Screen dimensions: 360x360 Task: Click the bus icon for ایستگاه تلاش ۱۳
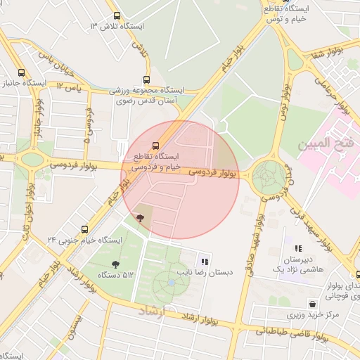click(117, 16)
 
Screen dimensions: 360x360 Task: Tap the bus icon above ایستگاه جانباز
click(20, 72)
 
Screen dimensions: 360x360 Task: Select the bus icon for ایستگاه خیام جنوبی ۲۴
click(85, 229)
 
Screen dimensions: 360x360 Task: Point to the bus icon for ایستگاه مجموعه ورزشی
click(146, 79)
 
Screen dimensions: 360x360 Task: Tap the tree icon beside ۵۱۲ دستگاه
click(115, 264)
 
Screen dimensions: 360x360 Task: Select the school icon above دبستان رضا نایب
click(205, 261)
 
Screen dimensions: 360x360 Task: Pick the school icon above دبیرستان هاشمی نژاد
click(298, 248)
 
